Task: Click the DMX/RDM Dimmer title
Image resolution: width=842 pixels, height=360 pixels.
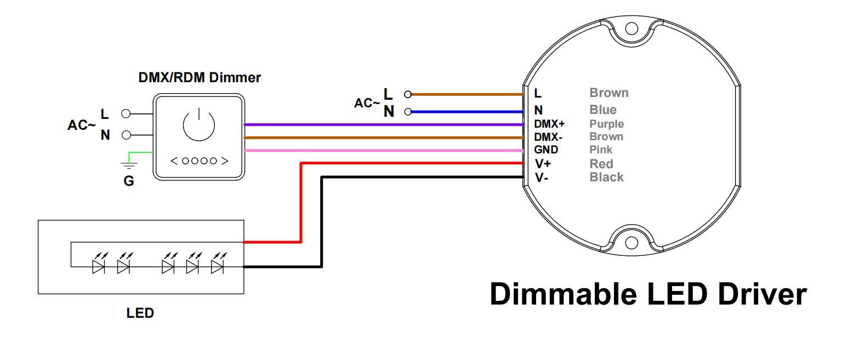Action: coord(199,78)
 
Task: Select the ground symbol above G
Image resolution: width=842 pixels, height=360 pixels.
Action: coord(129,164)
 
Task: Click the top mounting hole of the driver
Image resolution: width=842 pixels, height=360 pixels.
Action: coord(632,28)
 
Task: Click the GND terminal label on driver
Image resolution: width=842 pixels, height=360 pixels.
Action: coord(546,150)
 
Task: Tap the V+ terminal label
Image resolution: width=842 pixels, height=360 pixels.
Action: coord(543,163)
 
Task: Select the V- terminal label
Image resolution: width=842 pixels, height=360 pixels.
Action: coord(542,177)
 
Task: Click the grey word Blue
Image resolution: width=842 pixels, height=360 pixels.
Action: coord(603,110)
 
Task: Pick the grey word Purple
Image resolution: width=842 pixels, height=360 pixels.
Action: coord(606,124)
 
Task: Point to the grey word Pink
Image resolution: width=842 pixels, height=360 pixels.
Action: coord(601,150)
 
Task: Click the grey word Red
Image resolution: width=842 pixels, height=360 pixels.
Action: coord(601,163)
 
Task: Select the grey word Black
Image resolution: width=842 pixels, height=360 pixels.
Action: coord(606,177)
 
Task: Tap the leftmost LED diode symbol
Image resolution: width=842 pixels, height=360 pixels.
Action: coord(99,266)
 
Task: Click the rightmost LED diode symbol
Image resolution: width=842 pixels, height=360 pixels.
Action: coord(218,266)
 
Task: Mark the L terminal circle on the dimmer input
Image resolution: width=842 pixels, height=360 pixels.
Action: coord(126,114)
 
